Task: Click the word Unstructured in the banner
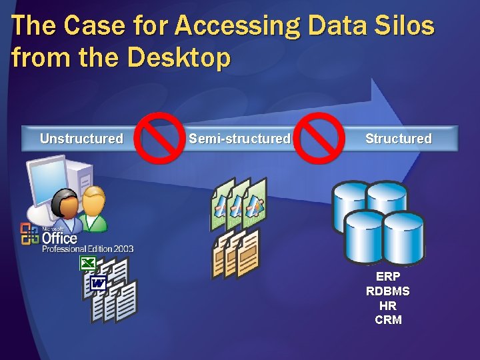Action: coord(81,139)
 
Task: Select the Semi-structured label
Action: coord(239,139)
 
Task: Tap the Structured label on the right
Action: coord(398,139)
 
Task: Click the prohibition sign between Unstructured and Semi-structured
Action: coord(159,138)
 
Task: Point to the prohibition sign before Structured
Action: coord(319,138)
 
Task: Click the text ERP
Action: coord(388,276)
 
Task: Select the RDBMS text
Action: coord(388,291)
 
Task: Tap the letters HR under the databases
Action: coord(388,305)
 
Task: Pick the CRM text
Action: coord(388,320)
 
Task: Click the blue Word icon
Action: coord(98,284)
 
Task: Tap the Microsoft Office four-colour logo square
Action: coord(30,234)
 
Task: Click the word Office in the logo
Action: coord(59,237)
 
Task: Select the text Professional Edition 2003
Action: coord(87,249)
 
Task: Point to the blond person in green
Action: coord(94,207)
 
